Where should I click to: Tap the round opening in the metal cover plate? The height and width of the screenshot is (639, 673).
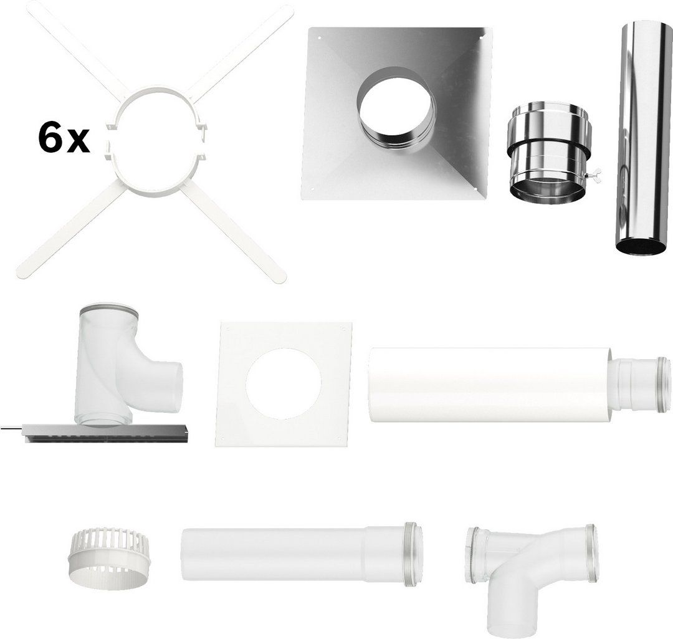pos(395,112)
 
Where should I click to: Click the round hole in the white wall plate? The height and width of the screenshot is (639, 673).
pos(284,384)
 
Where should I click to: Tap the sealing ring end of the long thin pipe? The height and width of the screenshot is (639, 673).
pos(413,555)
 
